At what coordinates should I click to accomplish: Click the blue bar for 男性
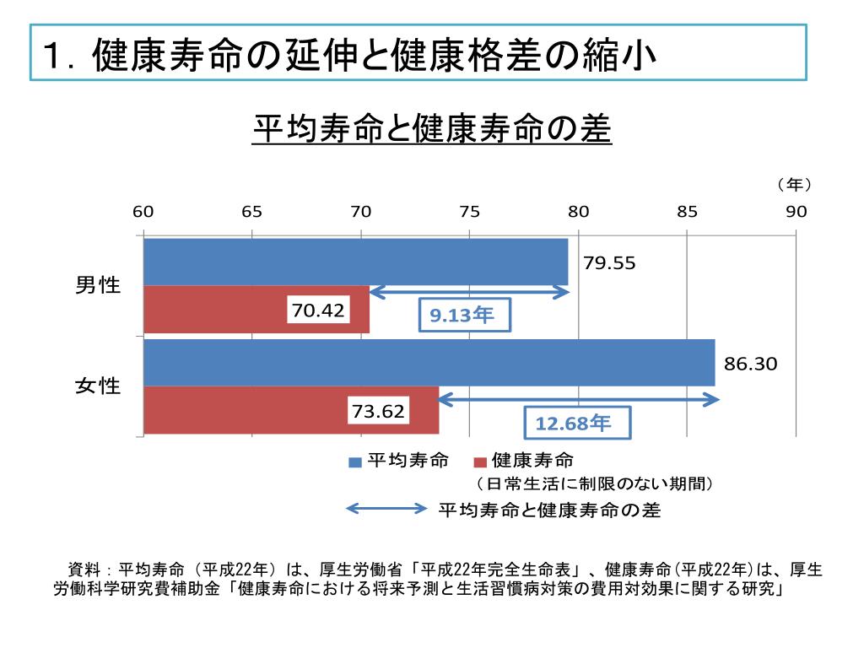click(x=355, y=262)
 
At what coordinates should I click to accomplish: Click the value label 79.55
click(x=609, y=262)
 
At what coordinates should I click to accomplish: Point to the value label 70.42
click(x=318, y=310)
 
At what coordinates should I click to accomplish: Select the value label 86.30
click(x=750, y=364)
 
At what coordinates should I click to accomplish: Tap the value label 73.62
click(x=378, y=412)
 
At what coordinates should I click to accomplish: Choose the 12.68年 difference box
click(x=573, y=423)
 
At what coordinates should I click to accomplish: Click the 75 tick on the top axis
click(x=469, y=212)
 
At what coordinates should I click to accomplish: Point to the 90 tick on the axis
click(x=796, y=212)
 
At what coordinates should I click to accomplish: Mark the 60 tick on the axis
click(x=143, y=212)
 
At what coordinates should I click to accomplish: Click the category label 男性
click(x=99, y=285)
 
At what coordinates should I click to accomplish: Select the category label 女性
click(x=99, y=386)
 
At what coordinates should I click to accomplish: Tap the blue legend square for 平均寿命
click(x=355, y=462)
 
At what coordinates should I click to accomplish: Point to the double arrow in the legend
click(x=387, y=509)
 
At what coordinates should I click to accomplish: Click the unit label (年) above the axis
click(x=793, y=184)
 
